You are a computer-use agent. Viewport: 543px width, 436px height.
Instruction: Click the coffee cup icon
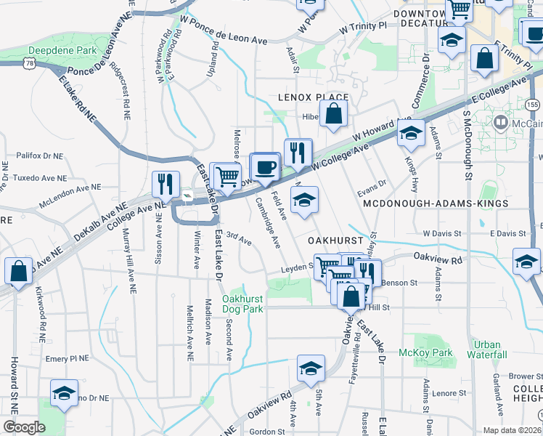[265, 166]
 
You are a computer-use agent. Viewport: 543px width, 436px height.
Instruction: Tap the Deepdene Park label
[53, 51]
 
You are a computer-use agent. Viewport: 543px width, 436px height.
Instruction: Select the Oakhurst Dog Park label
[242, 304]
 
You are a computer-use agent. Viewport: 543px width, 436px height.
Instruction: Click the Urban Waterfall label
[487, 350]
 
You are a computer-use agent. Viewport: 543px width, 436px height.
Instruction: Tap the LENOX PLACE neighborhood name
[313, 97]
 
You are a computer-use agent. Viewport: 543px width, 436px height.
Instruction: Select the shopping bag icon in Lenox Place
[333, 113]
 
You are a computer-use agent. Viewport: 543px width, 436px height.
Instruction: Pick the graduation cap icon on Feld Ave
[305, 199]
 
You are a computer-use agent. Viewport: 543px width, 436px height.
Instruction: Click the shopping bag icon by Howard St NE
[17, 270]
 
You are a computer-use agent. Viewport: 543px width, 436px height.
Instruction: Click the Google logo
[24, 427]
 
